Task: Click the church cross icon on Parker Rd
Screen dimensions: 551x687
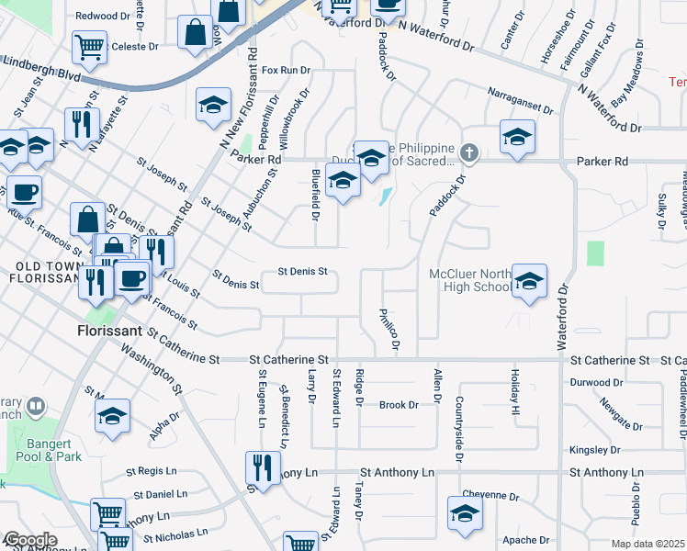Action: coord(469,152)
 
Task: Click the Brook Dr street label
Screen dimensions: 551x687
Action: coord(399,405)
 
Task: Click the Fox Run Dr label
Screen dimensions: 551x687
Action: coord(287,70)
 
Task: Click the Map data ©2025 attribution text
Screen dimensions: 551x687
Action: coord(648,544)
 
